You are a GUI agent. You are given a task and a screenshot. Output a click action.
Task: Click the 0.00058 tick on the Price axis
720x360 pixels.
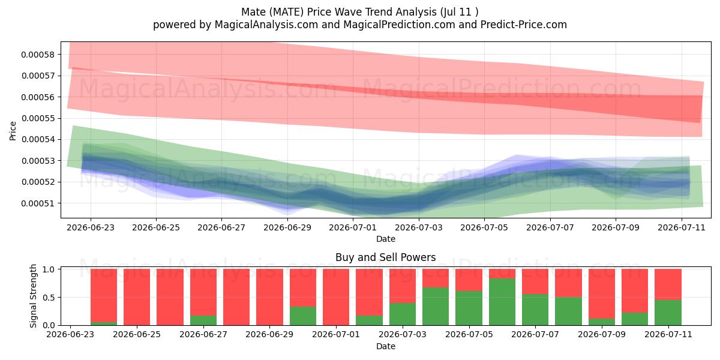click(38, 55)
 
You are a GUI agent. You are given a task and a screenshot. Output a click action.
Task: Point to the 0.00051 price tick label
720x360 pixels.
click(38, 203)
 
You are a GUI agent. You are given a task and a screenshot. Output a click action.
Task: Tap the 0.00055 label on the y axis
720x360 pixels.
click(38, 118)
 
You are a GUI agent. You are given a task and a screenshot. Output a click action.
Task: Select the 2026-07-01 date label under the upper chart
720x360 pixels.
click(353, 227)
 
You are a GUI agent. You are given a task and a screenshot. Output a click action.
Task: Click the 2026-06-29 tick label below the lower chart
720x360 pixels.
click(269, 334)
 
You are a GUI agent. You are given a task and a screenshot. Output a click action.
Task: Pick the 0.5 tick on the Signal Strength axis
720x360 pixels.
click(49, 298)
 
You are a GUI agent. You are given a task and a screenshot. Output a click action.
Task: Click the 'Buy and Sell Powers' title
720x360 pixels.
click(386, 257)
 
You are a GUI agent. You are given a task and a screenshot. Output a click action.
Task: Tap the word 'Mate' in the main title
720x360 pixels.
click(254, 12)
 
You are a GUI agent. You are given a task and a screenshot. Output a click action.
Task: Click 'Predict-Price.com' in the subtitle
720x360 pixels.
click(524, 25)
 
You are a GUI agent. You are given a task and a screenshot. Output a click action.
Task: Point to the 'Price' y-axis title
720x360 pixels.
click(13, 131)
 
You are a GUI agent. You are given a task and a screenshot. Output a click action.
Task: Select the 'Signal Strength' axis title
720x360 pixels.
click(33, 296)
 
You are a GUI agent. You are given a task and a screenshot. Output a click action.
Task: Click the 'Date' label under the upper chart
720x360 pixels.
click(386, 239)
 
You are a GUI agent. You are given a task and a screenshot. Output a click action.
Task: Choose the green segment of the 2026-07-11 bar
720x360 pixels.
click(668, 313)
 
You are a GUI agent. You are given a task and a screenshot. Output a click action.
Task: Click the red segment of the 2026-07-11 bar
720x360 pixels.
click(668, 284)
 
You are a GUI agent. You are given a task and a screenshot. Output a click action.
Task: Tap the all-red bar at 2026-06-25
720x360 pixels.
click(137, 297)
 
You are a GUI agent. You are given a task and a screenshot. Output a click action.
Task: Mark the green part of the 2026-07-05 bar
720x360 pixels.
click(469, 308)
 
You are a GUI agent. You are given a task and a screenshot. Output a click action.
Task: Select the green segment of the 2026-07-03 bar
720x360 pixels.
click(403, 314)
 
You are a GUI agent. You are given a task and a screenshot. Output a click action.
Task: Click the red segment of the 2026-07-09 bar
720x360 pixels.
click(602, 294)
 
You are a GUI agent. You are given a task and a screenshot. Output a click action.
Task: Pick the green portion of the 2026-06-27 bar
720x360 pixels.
click(203, 320)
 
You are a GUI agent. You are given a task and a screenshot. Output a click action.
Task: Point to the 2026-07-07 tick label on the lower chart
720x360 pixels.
click(535, 334)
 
